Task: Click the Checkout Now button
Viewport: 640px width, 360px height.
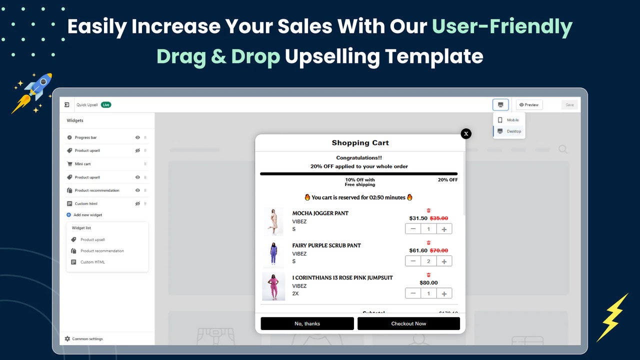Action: click(408, 323)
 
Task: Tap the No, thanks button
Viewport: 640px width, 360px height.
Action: click(307, 323)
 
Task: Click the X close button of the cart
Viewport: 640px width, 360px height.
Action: click(466, 133)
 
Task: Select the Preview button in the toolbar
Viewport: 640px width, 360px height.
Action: click(529, 105)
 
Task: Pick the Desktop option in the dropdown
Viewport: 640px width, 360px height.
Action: click(513, 131)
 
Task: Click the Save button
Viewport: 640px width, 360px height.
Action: click(569, 105)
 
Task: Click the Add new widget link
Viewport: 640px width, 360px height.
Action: click(87, 215)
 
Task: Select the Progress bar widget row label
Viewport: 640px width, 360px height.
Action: click(85, 137)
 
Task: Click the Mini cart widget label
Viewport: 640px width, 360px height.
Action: click(82, 164)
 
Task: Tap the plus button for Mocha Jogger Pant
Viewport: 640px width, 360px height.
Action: click(444, 229)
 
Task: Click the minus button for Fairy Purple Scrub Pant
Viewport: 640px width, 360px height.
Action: click(413, 261)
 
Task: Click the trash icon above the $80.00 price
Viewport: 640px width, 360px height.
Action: click(428, 275)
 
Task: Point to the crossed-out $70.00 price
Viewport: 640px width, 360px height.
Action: click(439, 250)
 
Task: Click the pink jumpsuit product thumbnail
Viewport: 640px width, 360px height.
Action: click(273, 286)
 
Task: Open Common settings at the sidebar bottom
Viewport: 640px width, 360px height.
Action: click(87, 339)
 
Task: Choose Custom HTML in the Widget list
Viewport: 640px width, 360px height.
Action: click(92, 262)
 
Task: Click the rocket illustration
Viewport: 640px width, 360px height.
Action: click(34, 92)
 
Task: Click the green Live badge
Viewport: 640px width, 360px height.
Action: click(106, 105)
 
